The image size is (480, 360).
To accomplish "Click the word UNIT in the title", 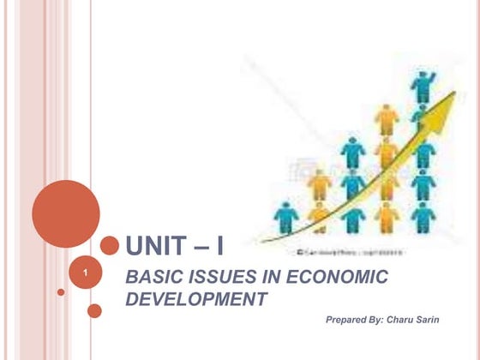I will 155,247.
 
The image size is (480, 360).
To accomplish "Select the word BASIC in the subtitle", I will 153,278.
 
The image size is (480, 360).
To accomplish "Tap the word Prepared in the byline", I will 347,319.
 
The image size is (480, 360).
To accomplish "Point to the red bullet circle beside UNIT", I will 109,246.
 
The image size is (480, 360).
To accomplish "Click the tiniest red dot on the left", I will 61,292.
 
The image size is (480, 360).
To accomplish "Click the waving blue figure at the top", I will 422,86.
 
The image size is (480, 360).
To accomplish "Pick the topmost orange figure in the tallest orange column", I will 387,118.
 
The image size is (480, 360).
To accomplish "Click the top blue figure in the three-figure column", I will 352,152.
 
